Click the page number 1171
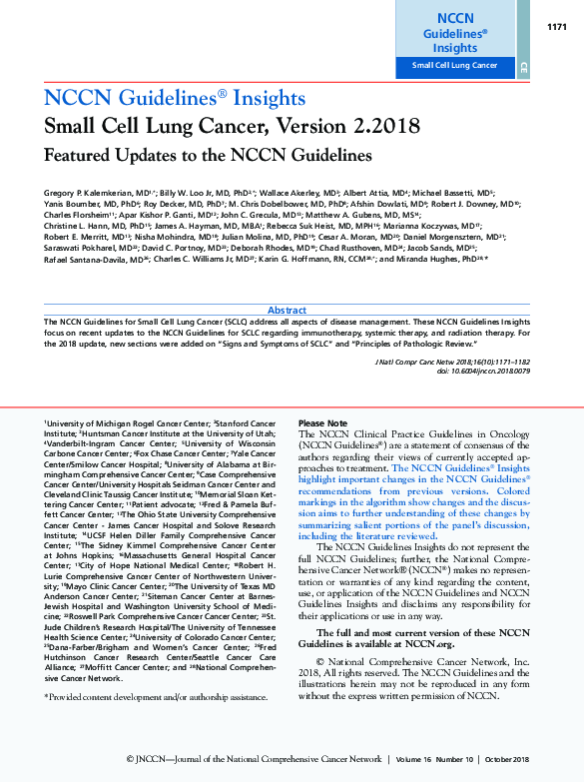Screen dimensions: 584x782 [557, 27]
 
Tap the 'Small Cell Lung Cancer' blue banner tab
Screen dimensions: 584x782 [455, 66]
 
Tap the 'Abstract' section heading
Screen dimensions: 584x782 [288, 311]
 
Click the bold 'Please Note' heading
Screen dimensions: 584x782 [323, 423]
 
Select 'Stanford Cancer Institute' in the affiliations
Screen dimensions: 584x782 [238, 423]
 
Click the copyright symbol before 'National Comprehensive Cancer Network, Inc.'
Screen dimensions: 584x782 [319, 661]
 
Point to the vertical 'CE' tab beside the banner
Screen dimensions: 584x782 [523, 66]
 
